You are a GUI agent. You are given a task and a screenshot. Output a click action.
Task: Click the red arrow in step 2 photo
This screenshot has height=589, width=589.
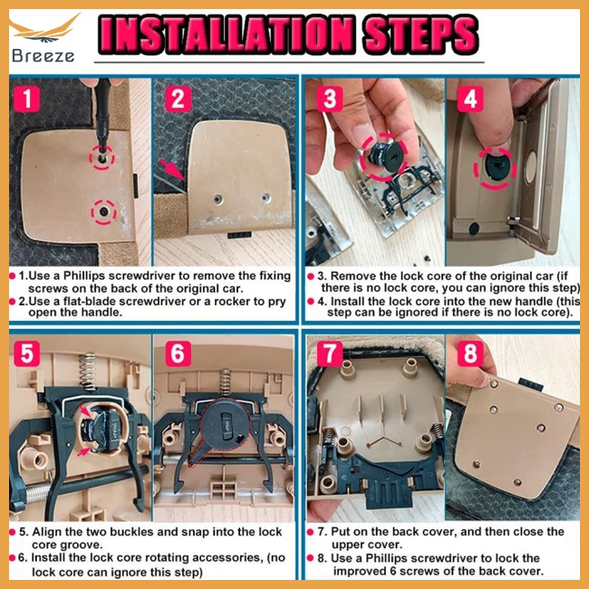click(x=175, y=169)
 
